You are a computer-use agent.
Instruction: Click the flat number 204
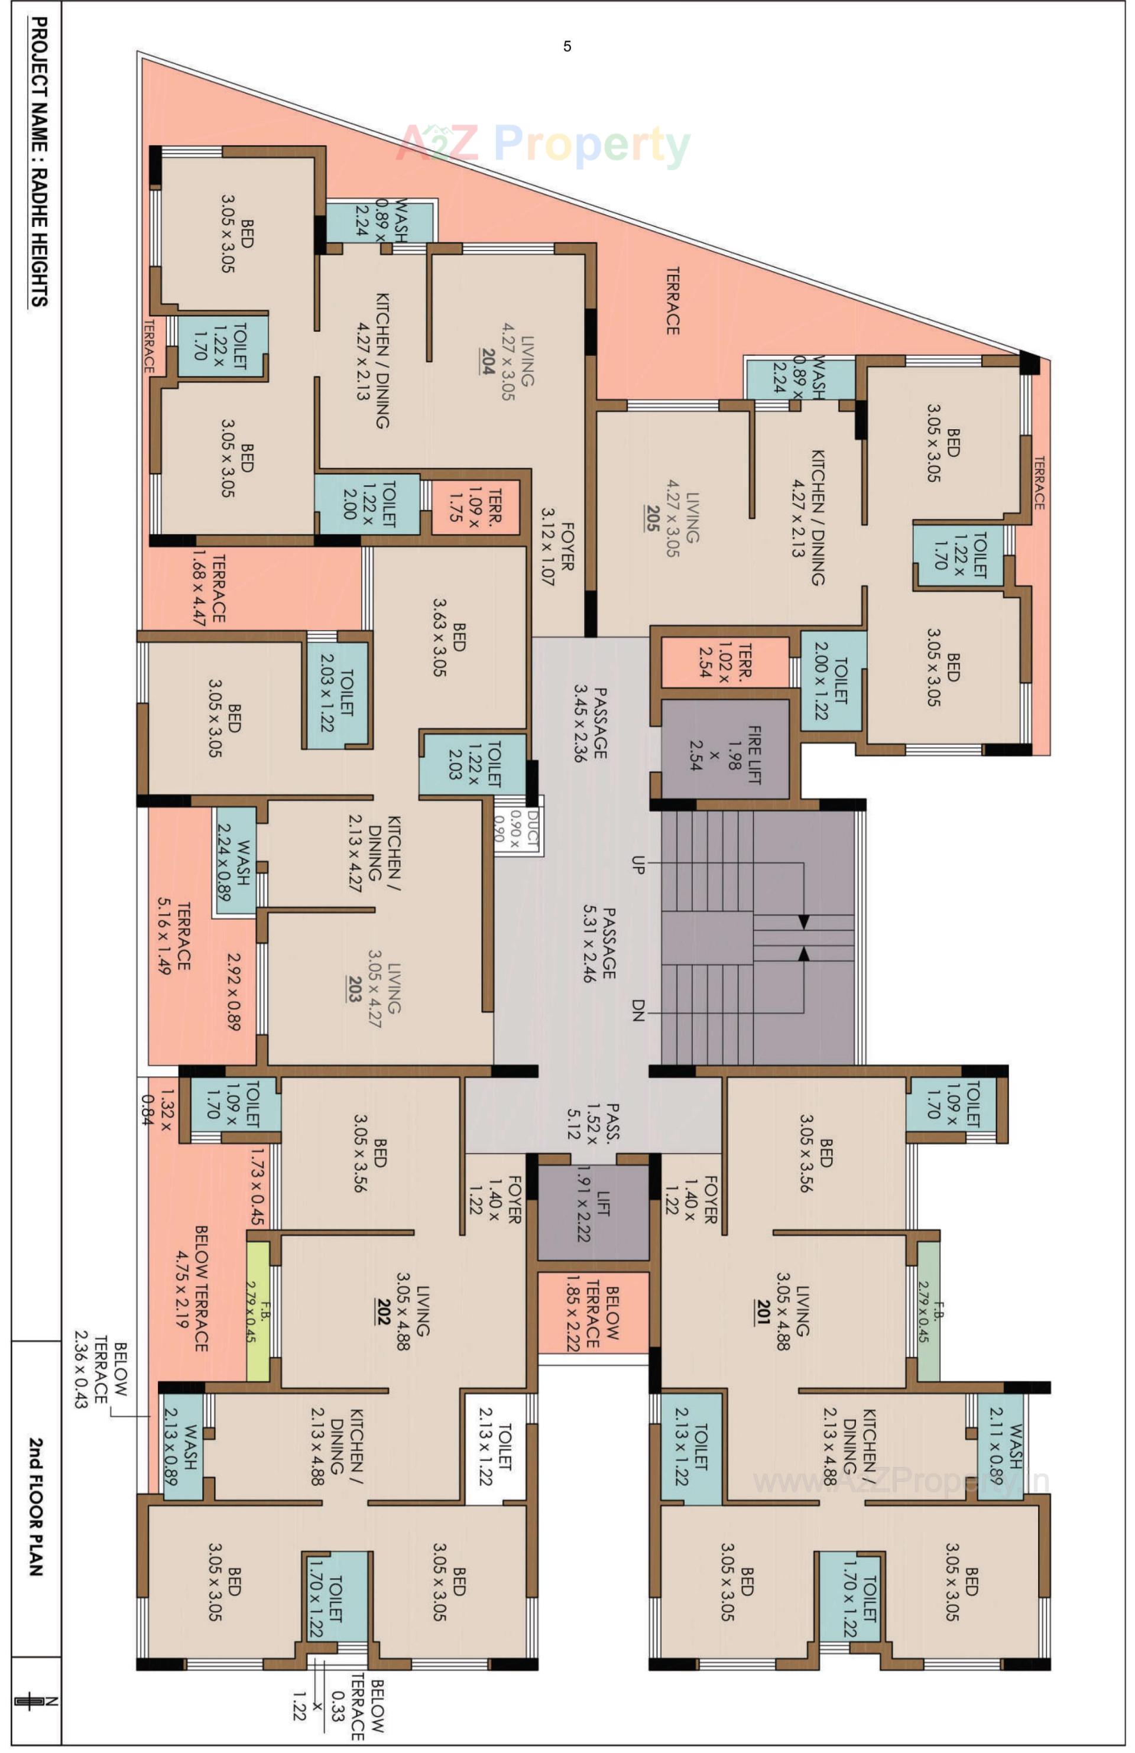coord(487,362)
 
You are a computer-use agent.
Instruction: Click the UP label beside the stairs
coord(638,865)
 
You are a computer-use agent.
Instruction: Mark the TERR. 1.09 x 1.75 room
coord(475,507)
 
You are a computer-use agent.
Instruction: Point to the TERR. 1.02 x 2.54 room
coord(724,661)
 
